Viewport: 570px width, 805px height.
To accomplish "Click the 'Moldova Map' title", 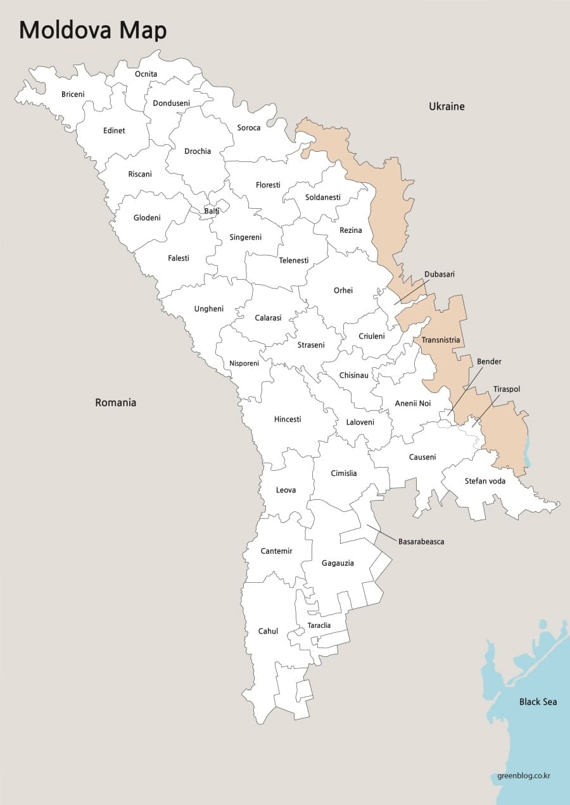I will pos(93,30).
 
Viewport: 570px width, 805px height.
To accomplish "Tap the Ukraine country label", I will pos(446,106).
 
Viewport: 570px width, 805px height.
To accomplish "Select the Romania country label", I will pos(115,402).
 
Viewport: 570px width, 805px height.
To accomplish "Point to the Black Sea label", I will pos(538,701).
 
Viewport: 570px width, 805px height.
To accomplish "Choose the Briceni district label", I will pos(73,94).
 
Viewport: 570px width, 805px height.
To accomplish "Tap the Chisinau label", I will pos(353,375).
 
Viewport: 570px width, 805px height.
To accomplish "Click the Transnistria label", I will pos(441,340).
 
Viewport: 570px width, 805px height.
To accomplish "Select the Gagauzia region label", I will pos(338,563).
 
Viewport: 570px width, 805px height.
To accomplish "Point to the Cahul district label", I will pos(268,631).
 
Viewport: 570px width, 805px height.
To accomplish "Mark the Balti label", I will pos(212,211).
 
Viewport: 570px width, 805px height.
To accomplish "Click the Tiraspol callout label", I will pos(507,389).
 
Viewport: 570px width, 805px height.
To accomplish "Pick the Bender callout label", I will pos(489,361).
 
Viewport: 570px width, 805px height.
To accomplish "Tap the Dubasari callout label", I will pos(440,274).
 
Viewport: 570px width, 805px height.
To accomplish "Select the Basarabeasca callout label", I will pos(421,542).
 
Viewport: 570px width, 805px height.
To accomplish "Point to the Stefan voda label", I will pos(484,480).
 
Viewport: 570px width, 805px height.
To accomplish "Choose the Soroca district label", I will pos(249,127).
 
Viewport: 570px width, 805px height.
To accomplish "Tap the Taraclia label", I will pos(319,625).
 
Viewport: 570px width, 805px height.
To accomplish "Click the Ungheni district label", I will pos(208,309).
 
